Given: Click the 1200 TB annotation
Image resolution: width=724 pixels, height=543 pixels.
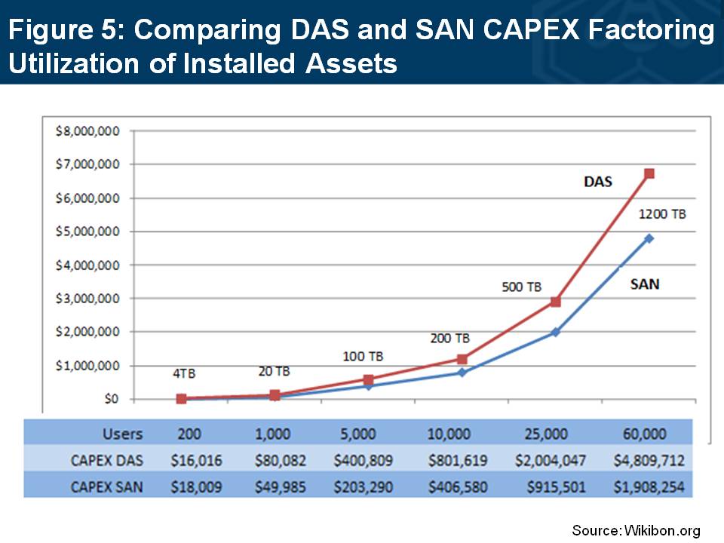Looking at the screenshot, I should [x=663, y=214].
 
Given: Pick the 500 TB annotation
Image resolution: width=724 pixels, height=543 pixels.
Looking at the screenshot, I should [x=521, y=287].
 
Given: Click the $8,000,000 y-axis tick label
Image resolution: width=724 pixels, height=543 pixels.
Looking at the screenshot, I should [x=88, y=131].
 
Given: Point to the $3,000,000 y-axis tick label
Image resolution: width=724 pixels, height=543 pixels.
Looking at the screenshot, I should [x=88, y=299].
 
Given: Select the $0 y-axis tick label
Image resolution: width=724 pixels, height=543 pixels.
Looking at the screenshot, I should [x=109, y=399].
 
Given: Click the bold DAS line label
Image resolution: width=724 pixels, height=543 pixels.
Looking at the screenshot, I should [x=598, y=182].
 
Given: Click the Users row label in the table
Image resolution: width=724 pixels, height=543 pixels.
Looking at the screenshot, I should [x=122, y=434].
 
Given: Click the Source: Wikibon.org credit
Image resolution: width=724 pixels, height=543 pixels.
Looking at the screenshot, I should [x=636, y=530].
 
